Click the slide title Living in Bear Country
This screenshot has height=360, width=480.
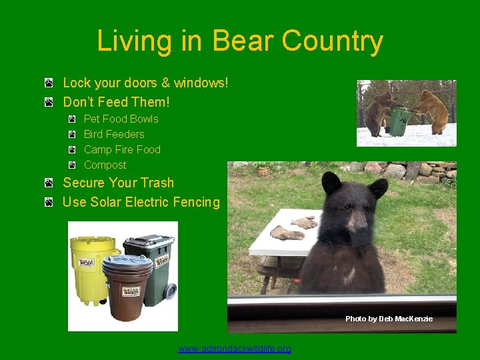[240, 41]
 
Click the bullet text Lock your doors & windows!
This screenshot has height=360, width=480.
[145, 83]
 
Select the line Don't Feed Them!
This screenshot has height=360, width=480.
[116, 102]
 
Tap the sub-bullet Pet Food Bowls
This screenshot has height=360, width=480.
[121, 119]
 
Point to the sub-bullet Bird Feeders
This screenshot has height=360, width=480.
[114, 135]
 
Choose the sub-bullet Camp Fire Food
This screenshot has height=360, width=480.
[122, 150]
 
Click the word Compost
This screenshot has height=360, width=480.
[105, 165]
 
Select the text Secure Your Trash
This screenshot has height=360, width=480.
[118, 183]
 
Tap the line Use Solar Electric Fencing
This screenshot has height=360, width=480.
[141, 202]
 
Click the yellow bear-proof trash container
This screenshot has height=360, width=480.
[90, 263]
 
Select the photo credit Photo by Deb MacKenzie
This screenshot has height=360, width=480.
[389, 319]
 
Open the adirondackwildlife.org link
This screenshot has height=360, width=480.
[235, 349]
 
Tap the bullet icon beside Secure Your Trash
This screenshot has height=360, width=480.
[50, 183]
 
